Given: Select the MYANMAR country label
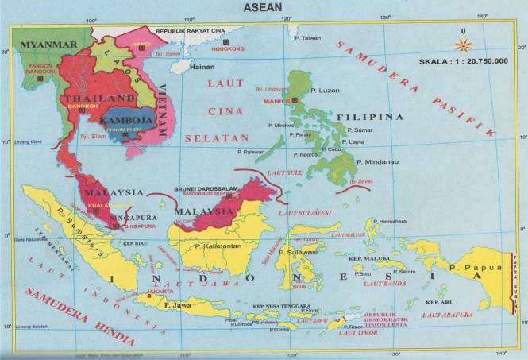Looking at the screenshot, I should click(x=48, y=41).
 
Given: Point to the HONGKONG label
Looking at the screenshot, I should click(x=228, y=49).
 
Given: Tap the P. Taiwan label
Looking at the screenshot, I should click(x=307, y=37).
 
